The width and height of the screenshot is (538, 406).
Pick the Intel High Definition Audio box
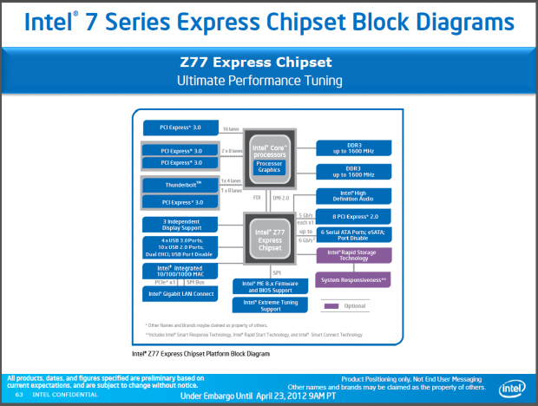tap(353, 196)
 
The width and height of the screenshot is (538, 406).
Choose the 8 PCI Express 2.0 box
tap(353, 215)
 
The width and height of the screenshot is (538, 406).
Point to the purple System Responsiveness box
tap(353, 279)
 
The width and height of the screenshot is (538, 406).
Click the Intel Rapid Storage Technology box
tap(353, 254)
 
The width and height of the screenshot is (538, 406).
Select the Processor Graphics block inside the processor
tap(269, 167)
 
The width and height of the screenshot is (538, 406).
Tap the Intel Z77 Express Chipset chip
tap(268, 239)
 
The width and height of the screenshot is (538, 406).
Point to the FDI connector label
tap(257, 197)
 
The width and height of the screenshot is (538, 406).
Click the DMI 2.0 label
tap(282, 197)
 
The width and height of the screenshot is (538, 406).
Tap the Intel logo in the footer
tap(513, 388)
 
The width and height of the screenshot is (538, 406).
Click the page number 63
tap(19, 396)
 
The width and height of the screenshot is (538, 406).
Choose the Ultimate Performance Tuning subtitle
tap(268, 81)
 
